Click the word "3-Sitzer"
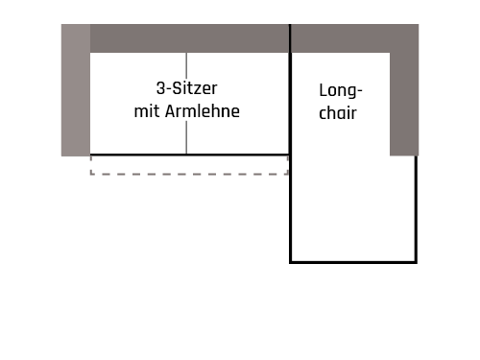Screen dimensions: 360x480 (186, 87)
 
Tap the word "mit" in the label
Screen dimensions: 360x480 (146, 111)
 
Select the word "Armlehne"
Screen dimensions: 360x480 (203, 111)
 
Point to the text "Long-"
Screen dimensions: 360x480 (340, 92)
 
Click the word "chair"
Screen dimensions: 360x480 (340, 114)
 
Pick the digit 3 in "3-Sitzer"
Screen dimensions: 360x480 (159, 87)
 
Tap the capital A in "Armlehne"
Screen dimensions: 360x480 (171, 111)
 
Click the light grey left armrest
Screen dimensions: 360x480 (75, 90)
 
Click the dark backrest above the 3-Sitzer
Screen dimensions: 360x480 (189, 38)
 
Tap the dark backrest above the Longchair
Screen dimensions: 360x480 (340, 38)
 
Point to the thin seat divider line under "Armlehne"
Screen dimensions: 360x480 (187, 137)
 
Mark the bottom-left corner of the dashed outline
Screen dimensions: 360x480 (91, 174)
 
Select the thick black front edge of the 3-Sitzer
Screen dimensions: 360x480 (189, 155)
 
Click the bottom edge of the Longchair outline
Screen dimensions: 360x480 (353, 261)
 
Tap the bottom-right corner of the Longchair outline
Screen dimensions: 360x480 (416, 261)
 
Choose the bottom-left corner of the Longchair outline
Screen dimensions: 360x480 (291, 261)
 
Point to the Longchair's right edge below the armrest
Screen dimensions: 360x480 (416, 206)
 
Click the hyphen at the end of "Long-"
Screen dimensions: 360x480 (360, 93)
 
